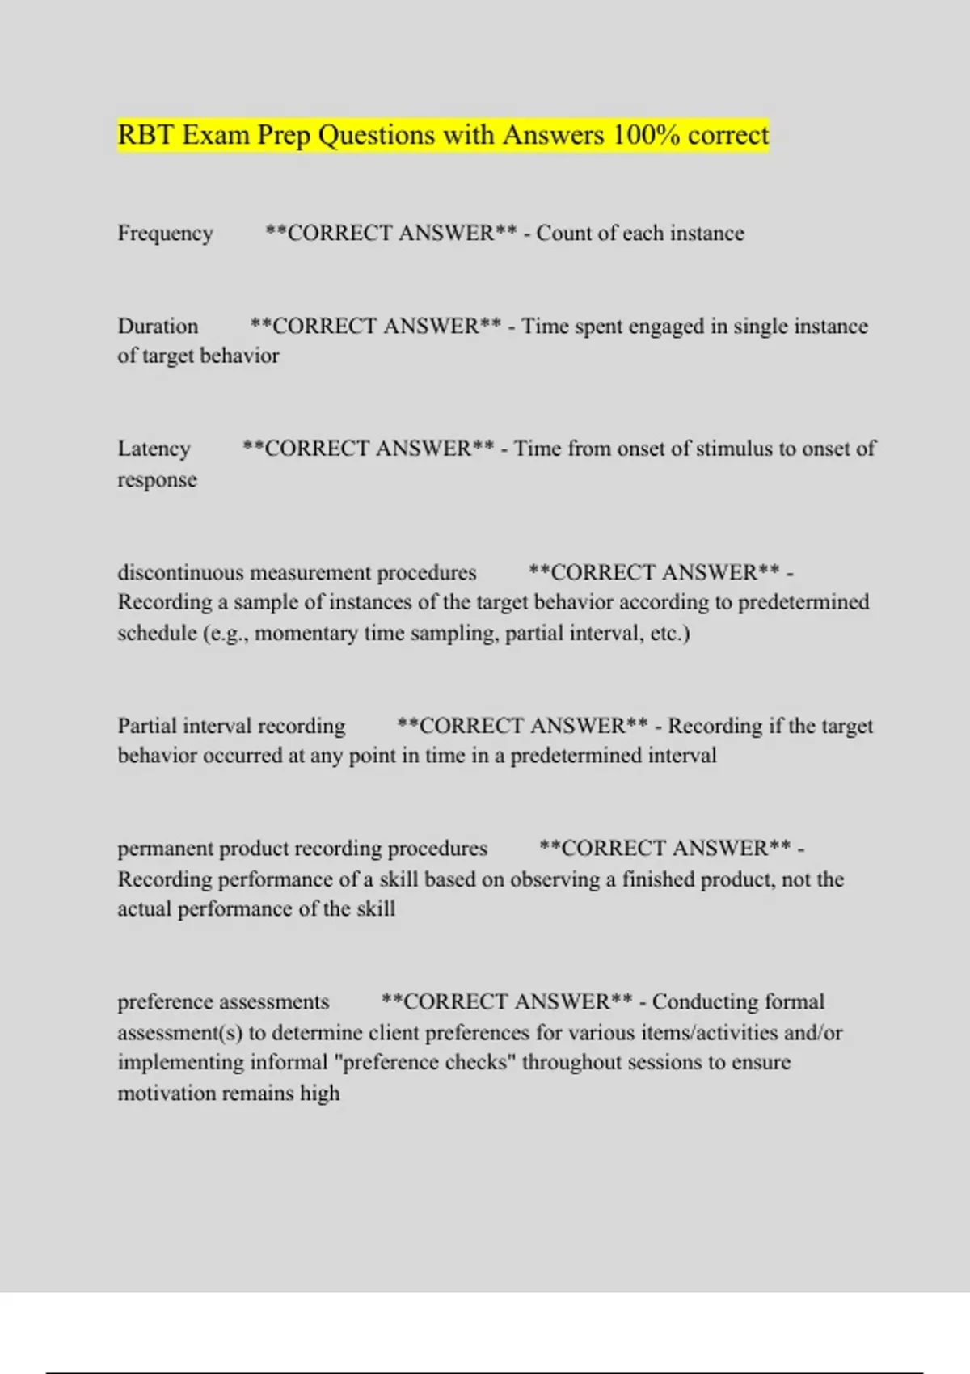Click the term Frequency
(165, 234)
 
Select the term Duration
(158, 327)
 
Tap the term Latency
(154, 449)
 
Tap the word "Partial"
(148, 726)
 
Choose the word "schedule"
(157, 633)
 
